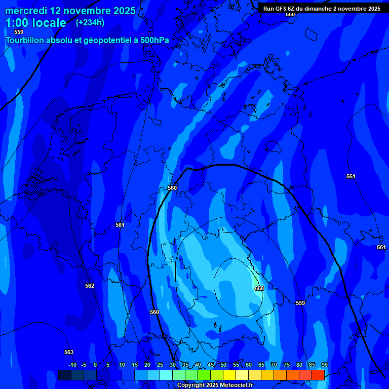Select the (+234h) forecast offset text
click(x=90, y=22)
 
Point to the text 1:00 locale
click(x=35, y=23)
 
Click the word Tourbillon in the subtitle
click(x=26, y=40)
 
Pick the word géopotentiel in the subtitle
click(x=112, y=40)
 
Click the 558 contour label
click(x=259, y=288)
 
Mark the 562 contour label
click(x=90, y=286)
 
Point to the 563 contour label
click(x=69, y=352)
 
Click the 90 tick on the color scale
click(x=324, y=365)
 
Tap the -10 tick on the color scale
click(x=72, y=365)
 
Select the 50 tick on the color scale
click(x=223, y=365)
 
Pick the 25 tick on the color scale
click(x=160, y=365)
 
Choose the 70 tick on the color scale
click(x=274, y=365)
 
